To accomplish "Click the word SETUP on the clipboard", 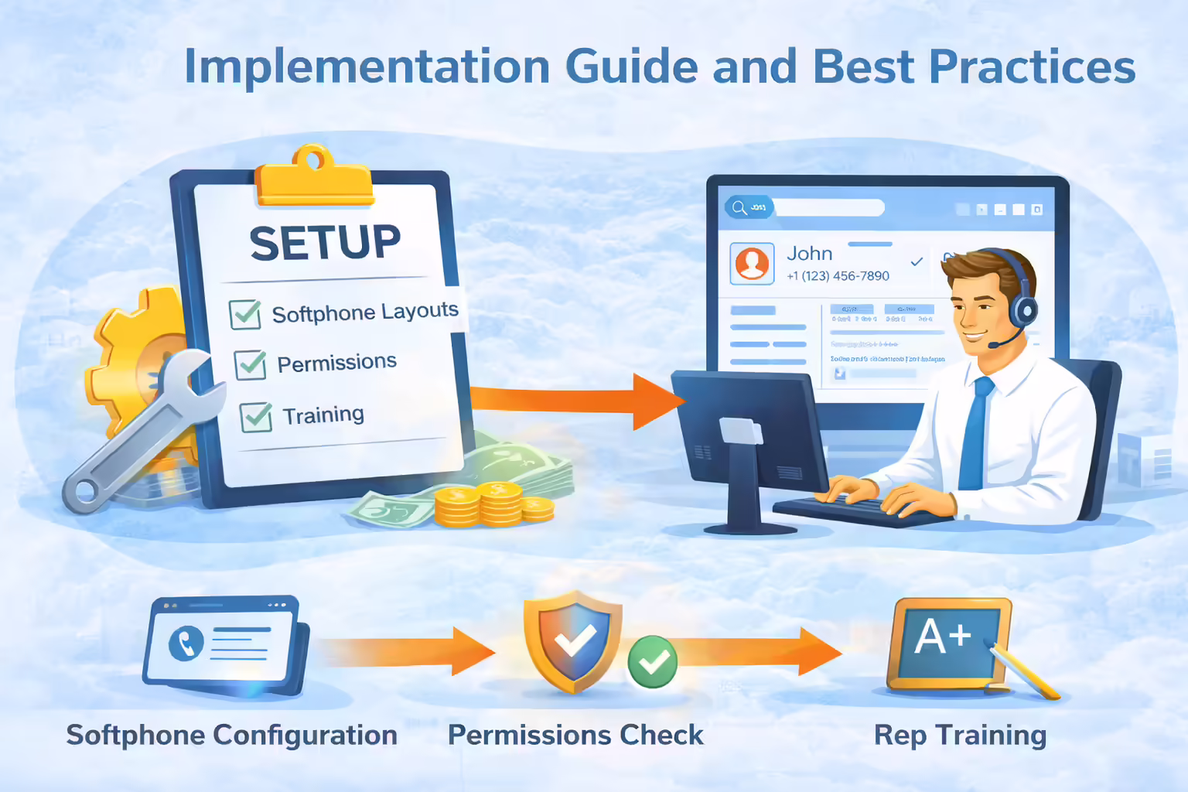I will point(325,243).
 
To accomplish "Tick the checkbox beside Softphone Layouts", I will point(245,314).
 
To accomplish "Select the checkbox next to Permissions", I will point(251,364).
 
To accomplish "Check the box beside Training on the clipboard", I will point(256,417).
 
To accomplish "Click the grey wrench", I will point(139,433).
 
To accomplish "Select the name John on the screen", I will point(809,254).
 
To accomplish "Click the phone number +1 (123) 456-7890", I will point(838,276).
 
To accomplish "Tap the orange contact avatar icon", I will point(752,263).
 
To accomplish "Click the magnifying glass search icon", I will point(739,207).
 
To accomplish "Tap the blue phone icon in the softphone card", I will point(186,643).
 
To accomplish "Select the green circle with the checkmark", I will point(652,661).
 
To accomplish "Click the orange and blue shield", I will point(573,640).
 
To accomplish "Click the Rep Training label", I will point(960,735).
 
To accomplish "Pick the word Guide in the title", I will point(632,67).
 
